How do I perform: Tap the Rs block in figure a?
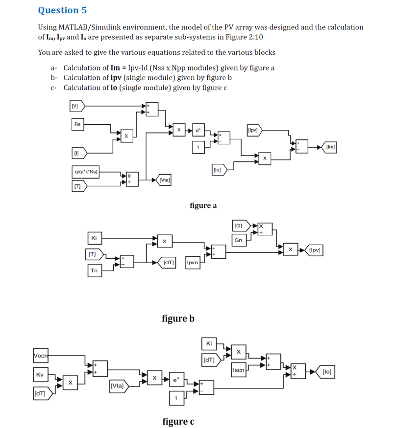(77, 124)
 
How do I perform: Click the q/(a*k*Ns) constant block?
(86, 172)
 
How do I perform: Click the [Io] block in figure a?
(218, 170)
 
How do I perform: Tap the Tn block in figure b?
(94, 270)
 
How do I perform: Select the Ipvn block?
(193, 263)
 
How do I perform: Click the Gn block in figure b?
(238, 240)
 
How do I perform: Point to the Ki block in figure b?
(94, 238)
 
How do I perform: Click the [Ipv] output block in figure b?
(314, 250)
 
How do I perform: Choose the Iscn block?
(239, 370)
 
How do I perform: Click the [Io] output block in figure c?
(326, 372)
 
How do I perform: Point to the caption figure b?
(178, 318)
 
